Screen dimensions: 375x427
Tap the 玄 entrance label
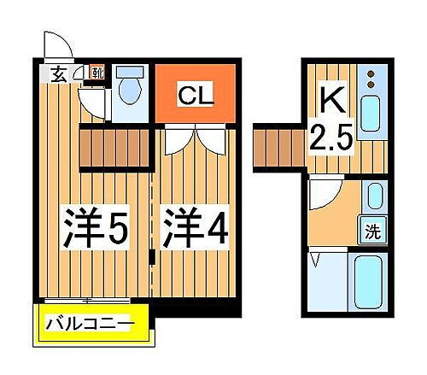click(56, 73)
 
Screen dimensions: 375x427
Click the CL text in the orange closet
click(195, 94)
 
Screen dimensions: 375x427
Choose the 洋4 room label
click(196, 229)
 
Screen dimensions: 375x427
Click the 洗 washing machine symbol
click(372, 231)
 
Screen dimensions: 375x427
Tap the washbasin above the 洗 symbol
click(373, 198)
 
